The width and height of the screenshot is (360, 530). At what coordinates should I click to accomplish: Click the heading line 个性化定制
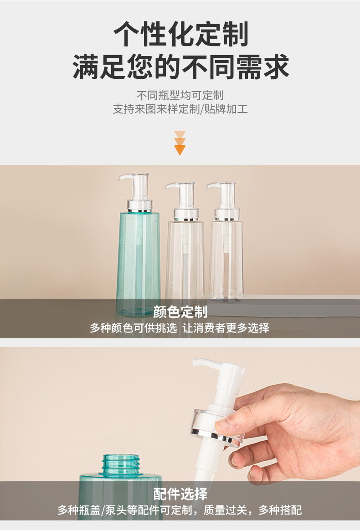tap(180, 34)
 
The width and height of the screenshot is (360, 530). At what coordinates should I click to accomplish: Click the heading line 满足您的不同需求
tap(180, 66)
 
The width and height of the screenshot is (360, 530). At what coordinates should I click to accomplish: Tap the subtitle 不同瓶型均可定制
tap(180, 95)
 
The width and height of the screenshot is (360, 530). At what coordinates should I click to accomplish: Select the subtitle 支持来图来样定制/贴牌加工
tap(180, 109)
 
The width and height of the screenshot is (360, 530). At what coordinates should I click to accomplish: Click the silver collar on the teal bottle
tap(139, 206)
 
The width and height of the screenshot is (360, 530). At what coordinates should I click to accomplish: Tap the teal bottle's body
tap(138, 264)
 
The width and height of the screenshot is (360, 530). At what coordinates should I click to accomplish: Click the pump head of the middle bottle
tap(182, 196)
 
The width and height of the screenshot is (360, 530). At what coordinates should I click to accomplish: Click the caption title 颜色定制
tap(180, 311)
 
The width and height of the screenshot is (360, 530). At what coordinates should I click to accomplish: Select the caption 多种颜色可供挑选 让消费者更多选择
tap(180, 327)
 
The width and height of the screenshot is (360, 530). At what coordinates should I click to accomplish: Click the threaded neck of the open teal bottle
tap(121, 464)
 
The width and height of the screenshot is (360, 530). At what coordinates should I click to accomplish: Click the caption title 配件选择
tap(180, 494)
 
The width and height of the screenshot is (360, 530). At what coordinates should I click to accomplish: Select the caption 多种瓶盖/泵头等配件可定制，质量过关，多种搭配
tap(180, 510)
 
